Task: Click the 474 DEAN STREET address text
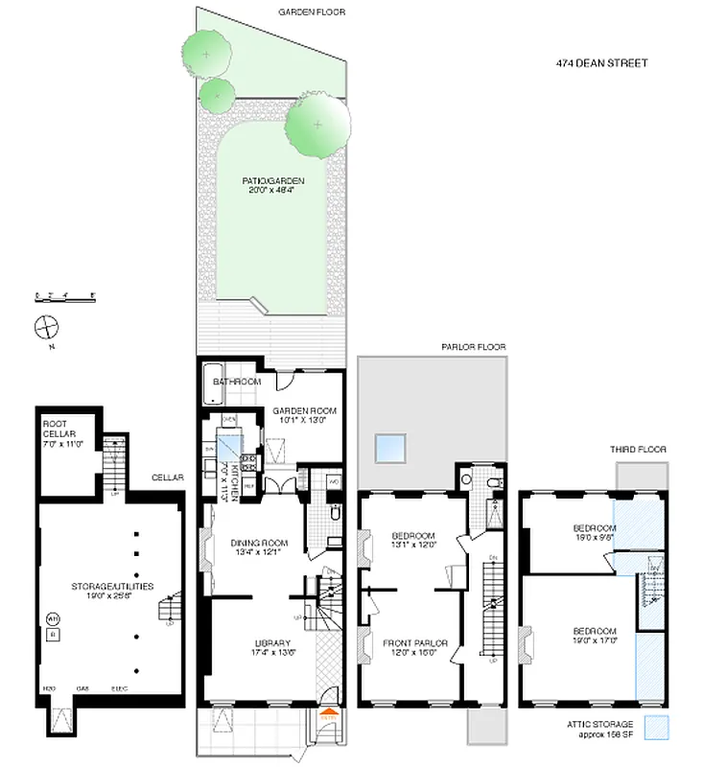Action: tap(601, 63)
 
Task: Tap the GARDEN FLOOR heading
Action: tap(311, 12)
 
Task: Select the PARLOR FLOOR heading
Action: tap(473, 347)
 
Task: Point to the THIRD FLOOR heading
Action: tap(638, 450)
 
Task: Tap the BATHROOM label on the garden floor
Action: tap(237, 383)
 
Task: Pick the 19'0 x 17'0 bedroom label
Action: tap(580, 638)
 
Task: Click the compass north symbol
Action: tap(47, 326)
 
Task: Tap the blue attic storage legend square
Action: tap(656, 727)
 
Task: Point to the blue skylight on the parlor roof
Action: tap(390, 447)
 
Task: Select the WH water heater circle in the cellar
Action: tap(53, 618)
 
